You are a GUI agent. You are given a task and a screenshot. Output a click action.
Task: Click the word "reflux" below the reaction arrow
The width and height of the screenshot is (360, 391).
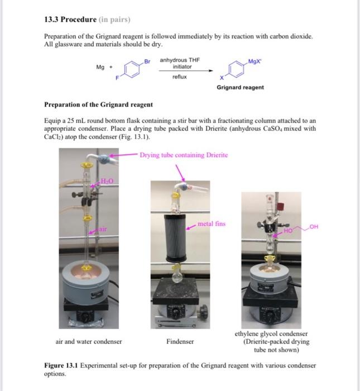(179, 77)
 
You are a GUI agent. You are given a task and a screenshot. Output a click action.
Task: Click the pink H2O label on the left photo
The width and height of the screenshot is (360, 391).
(107, 179)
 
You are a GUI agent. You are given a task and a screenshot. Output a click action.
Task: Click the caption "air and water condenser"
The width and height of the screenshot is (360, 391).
(89, 341)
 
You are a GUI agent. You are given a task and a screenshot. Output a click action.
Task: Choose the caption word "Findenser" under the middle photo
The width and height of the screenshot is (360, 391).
(180, 341)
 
